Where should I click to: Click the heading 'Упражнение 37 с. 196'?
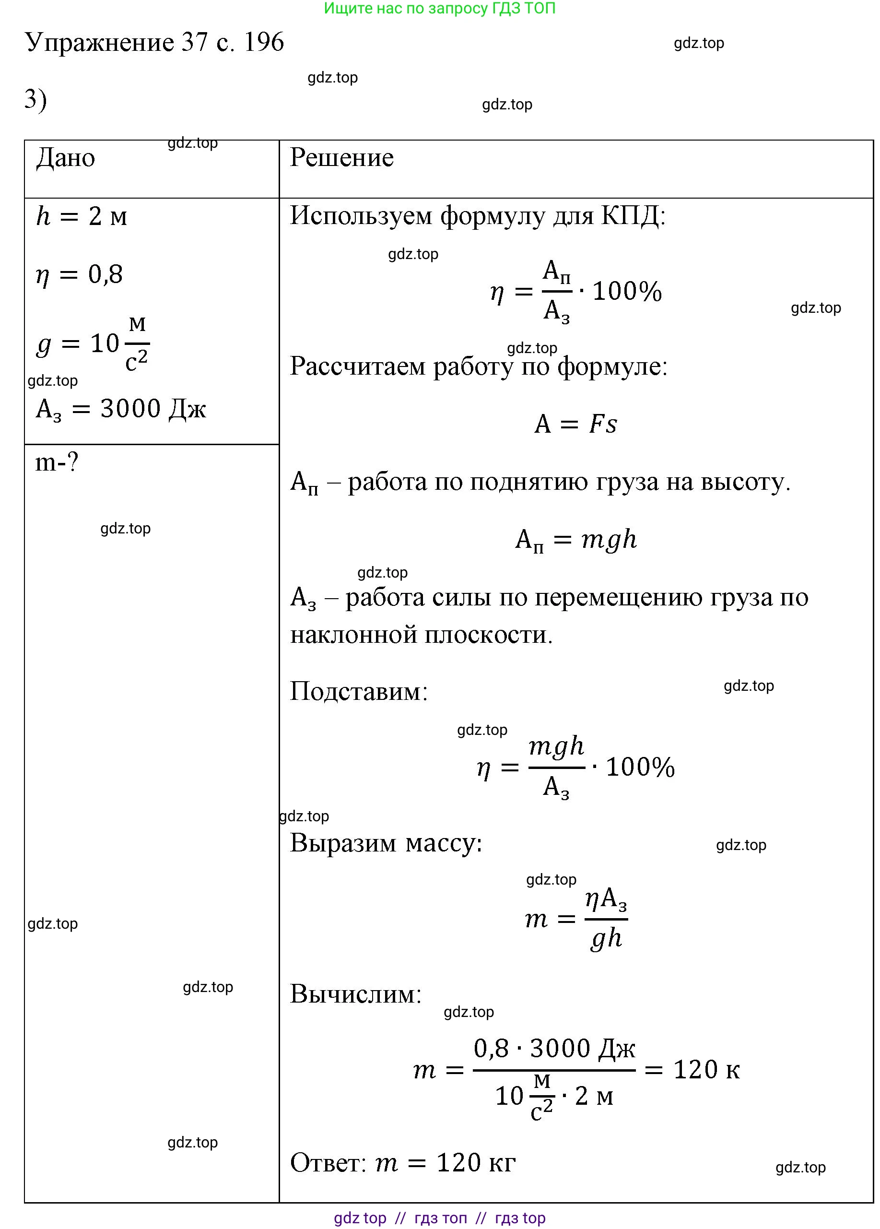(154, 42)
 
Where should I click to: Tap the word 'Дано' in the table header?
(66, 158)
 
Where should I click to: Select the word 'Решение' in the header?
(341, 158)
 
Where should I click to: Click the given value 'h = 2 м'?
(81, 217)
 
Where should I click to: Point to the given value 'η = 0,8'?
(79, 275)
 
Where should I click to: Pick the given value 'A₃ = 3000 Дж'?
(120, 409)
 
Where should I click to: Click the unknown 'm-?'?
(57, 463)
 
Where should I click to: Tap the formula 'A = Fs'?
(575, 424)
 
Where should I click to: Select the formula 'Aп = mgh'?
(575, 540)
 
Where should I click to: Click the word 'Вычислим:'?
(355, 994)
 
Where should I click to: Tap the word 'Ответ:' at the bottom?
(329, 1163)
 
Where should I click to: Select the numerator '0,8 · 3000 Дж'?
(554, 1049)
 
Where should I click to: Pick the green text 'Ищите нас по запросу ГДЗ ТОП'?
(439, 8)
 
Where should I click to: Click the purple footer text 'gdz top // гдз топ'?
(400, 1218)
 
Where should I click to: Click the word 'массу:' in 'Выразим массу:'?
(444, 843)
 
